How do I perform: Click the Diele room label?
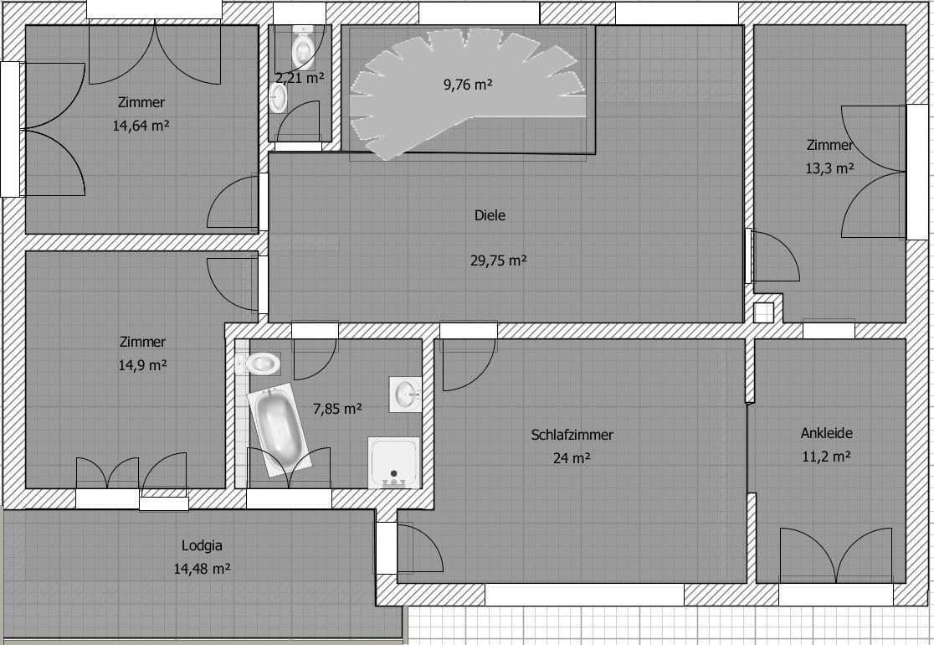tap(490, 215)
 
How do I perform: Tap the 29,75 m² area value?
tap(498, 261)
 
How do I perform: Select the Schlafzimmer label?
tap(572, 435)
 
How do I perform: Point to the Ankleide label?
tap(826, 433)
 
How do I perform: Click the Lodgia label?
tap(202, 545)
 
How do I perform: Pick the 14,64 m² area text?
tap(141, 126)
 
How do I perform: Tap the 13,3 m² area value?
tap(829, 168)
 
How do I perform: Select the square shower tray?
tap(393, 462)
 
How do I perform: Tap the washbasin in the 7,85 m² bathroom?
tap(407, 393)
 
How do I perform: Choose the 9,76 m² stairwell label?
tap(466, 84)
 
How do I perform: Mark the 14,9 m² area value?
tap(141, 365)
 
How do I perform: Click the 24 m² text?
tap(572, 458)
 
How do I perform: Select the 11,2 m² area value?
tap(826, 457)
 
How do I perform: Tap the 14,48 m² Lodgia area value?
tap(202, 568)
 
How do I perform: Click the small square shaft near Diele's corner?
tap(764, 312)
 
